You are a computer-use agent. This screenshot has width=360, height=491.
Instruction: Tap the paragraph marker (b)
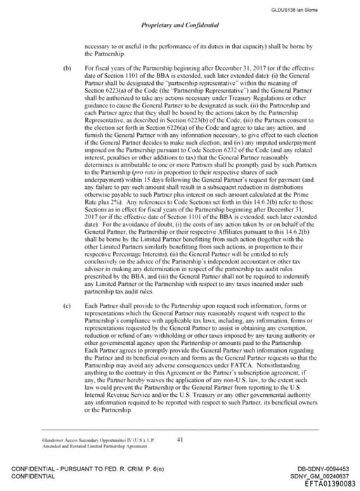(67, 70)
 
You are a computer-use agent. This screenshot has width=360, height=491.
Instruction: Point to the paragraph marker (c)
(67, 306)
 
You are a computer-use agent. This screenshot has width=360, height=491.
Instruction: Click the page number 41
(180, 440)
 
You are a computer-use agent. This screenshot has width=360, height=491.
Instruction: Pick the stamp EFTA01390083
(325, 484)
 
